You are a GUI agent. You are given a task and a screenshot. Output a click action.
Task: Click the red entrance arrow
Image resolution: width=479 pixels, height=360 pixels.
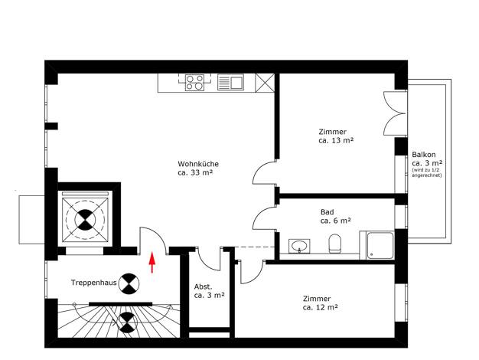coord(152,262)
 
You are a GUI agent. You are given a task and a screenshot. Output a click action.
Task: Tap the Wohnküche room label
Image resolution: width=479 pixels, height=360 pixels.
coord(198,169)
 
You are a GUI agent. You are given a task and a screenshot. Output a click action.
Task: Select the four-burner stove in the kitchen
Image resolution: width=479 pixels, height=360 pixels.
coord(195,83)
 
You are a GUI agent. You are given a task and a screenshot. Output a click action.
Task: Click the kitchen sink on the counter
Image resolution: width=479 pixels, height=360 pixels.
coord(230,83)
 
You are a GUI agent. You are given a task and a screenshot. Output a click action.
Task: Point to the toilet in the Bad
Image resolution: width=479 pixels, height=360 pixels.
coord(334,244)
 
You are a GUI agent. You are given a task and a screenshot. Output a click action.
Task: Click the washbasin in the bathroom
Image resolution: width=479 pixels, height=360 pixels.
coord(299,246)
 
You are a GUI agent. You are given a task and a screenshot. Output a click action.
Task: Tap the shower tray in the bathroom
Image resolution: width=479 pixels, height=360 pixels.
coord(380,246)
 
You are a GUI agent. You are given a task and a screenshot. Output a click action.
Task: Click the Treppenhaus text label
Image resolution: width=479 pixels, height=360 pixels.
coord(94,283)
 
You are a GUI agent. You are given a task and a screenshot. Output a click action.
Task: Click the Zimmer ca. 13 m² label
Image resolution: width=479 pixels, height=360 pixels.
coord(336,136)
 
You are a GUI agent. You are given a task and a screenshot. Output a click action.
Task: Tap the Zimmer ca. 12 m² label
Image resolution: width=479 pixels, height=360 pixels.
coord(320,303)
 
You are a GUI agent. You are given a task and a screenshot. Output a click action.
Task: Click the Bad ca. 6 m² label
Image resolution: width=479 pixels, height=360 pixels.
coord(335,216)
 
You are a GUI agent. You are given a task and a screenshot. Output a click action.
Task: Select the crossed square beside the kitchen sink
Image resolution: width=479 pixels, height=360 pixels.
coord(265,83)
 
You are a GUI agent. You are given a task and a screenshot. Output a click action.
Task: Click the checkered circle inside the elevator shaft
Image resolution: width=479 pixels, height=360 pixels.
coord(85,220)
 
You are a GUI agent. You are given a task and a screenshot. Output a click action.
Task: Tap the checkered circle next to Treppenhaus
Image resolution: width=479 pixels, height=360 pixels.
coord(129,283)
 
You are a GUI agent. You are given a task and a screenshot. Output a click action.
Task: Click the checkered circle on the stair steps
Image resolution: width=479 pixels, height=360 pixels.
coord(127,322)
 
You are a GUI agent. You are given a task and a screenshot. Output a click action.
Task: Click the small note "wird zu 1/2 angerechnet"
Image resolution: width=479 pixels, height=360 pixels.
coord(426,173)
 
